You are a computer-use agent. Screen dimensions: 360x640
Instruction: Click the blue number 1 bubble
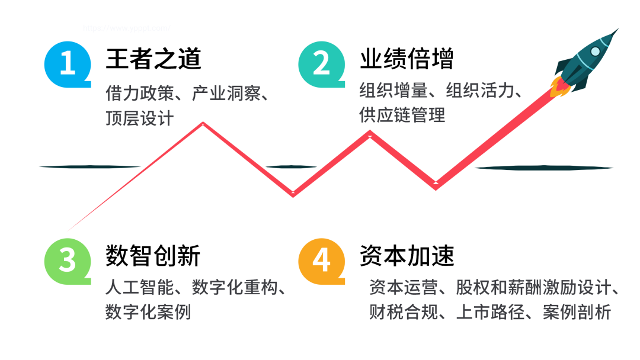[67, 63]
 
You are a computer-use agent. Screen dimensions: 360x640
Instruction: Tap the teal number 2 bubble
[321, 63]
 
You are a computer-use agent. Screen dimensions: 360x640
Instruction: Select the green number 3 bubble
[67, 260]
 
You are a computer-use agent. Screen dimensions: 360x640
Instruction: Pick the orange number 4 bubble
[321, 260]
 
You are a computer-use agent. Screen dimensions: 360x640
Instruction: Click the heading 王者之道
[153, 59]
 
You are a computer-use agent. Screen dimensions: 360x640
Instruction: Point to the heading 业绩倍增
[407, 59]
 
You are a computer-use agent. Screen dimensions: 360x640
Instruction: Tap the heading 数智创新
[153, 256]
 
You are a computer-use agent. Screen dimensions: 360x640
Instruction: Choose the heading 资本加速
[407, 256]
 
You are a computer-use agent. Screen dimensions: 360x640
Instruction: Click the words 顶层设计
[140, 117]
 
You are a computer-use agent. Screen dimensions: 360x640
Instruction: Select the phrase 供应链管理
[402, 114]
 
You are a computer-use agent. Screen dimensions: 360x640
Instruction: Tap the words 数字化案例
[148, 311]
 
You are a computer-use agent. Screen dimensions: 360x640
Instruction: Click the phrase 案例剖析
[577, 311]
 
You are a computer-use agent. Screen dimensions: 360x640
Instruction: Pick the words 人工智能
[140, 288]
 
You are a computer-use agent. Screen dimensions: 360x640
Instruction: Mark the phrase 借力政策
[140, 94]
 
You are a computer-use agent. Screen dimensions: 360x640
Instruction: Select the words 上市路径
[490, 311]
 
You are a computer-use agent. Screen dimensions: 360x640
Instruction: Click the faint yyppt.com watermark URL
[126, 28]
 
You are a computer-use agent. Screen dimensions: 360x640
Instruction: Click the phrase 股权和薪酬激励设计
[533, 288]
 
